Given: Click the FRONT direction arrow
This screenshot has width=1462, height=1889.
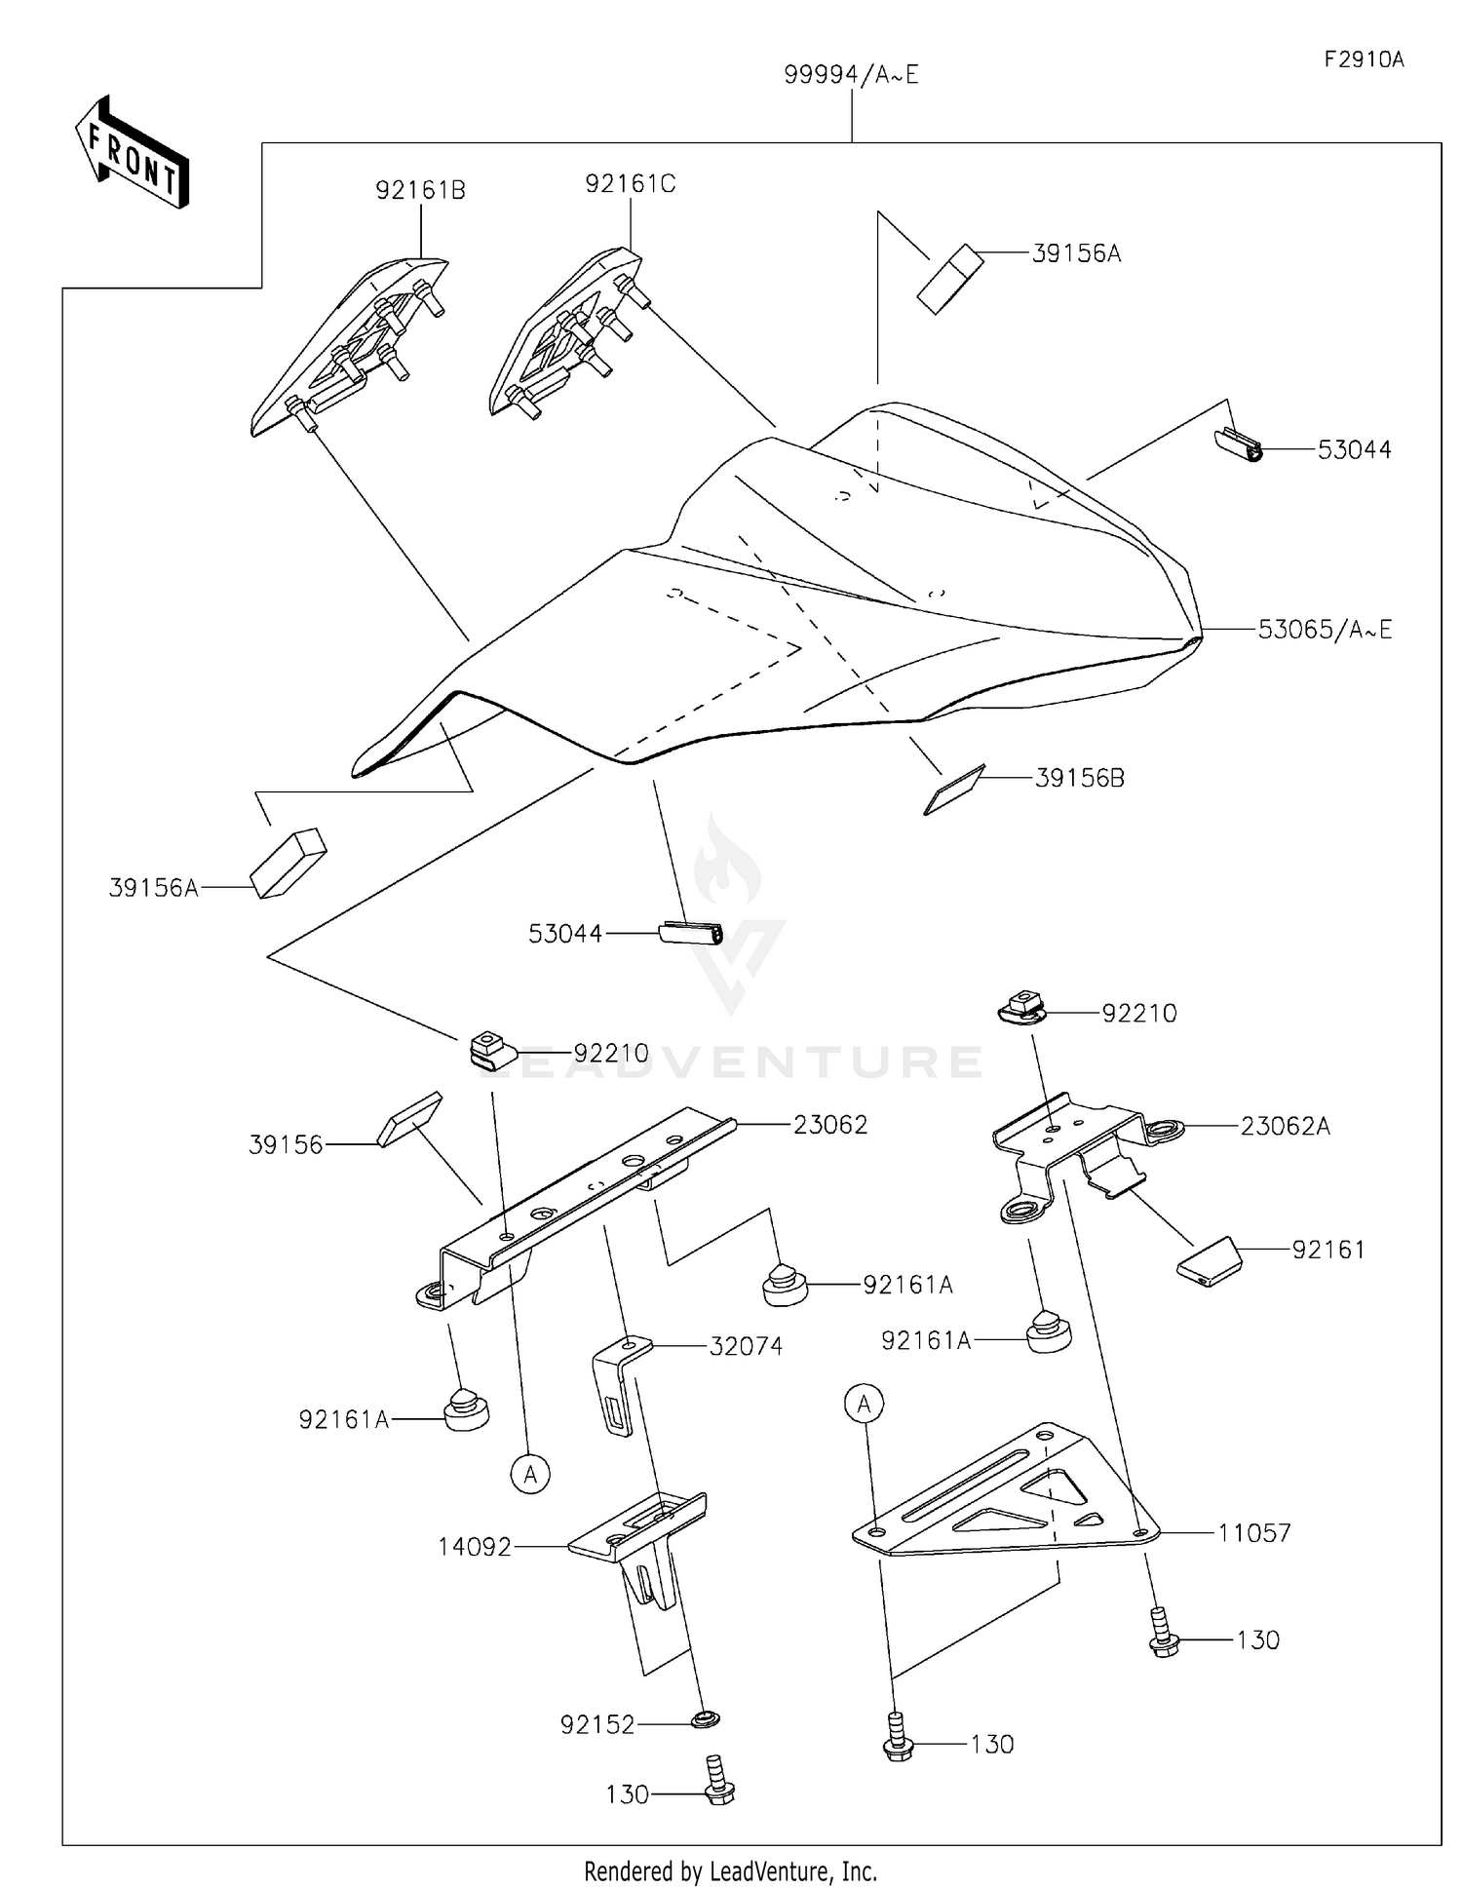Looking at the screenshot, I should [x=132, y=154].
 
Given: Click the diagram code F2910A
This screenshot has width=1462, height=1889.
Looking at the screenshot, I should [x=1364, y=59].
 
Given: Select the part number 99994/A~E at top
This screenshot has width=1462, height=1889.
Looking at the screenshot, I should [x=851, y=75].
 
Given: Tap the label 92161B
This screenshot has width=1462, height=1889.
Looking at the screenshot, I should [x=421, y=190].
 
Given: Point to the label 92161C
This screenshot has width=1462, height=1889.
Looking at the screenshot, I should [x=630, y=183].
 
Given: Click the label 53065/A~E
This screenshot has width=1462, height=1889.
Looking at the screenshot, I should [x=1325, y=630].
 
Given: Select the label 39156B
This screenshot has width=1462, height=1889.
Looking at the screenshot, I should [x=1079, y=778].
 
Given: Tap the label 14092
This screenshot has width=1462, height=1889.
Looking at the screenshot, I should [x=475, y=1547].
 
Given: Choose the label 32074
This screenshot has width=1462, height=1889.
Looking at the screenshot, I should [x=746, y=1346].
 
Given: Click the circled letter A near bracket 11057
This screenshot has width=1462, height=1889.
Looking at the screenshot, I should [x=864, y=1405].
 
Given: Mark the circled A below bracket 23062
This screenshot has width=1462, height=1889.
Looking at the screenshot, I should [x=530, y=1475].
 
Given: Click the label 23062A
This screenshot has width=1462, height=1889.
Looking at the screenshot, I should [x=1285, y=1127].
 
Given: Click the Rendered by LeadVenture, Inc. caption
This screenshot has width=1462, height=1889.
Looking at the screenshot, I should [x=730, y=1870].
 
